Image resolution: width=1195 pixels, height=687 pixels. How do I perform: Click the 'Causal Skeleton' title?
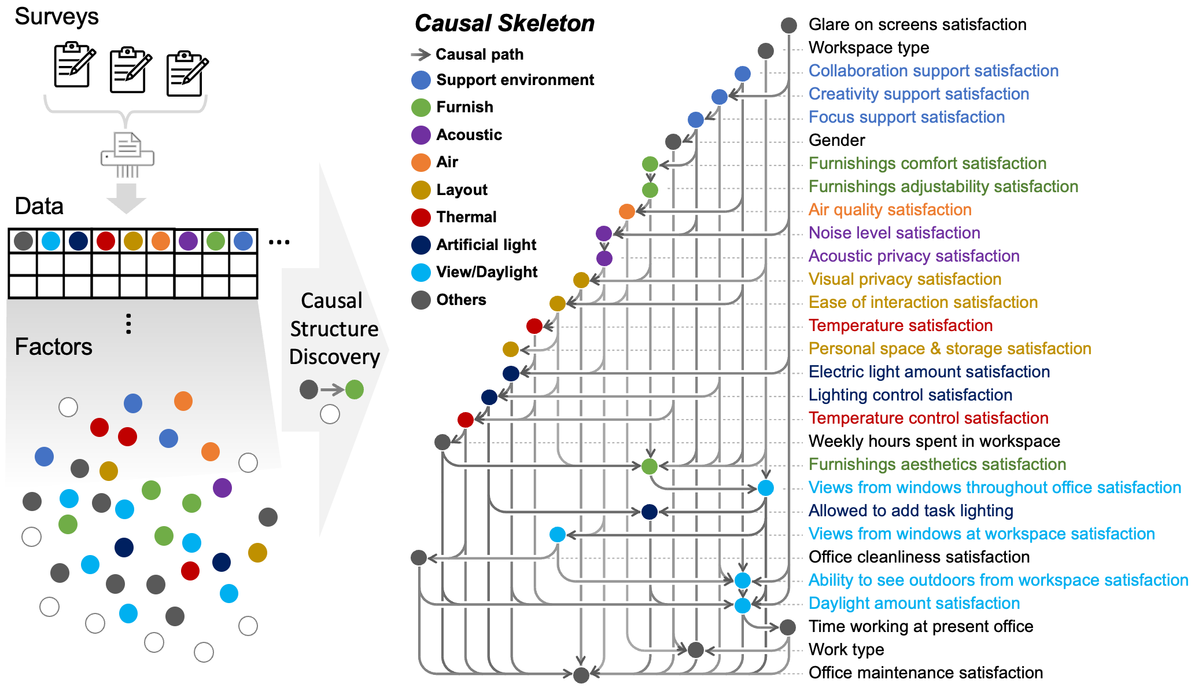coord(504,24)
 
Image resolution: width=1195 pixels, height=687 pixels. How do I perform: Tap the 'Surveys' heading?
coord(57,16)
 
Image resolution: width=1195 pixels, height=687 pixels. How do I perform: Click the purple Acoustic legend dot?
coord(421,135)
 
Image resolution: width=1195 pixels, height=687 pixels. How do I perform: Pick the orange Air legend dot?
coord(421,162)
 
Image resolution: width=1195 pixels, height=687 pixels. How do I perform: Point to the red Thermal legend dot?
coord(421,217)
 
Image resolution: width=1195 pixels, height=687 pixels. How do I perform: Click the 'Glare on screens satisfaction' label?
coord(917,24)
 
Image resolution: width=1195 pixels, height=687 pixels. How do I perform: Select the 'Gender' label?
coord(836,140)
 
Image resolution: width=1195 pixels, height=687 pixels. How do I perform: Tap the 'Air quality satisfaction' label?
coord(890,210)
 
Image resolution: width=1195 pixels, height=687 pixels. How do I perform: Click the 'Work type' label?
coord(846,649)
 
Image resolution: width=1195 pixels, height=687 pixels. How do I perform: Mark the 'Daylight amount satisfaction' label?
coord(914,603)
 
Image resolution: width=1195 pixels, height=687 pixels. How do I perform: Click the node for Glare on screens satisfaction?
coord(789,25)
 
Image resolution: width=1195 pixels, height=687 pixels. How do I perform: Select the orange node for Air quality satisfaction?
coord(627,211)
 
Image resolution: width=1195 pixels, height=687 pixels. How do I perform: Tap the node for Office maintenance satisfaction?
coord(581,674)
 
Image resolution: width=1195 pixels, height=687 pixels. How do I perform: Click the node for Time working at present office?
coord(788,627)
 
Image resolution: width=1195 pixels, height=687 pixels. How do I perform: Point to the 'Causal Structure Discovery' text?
coord(334,329)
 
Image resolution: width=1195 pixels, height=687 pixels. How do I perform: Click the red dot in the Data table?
coord(106,241)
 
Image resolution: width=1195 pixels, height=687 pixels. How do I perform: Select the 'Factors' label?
coord(53,347)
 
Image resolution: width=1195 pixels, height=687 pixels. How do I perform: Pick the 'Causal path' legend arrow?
coord(421,54)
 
